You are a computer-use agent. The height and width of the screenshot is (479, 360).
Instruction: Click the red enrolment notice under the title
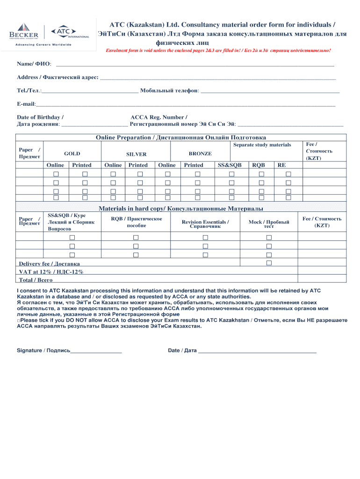tap(218, 50)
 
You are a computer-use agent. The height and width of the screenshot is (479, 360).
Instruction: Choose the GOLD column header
tap(72, 153)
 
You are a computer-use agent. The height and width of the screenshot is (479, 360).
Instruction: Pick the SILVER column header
tap(137, 154)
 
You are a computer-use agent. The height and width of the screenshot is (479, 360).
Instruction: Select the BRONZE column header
tap(200, 153)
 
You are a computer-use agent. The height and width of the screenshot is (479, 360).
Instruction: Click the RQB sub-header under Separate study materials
tap(259, 165)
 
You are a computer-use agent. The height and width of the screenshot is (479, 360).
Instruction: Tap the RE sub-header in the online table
tap(281, 165)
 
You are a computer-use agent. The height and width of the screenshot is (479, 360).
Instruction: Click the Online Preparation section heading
tap(181, 138)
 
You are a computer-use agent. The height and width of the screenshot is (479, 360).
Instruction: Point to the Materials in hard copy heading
tap(180, 208)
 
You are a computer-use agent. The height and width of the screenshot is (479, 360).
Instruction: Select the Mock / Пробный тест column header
tap(268, 224)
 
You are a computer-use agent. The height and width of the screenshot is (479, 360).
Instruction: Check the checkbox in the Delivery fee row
tap(269, 263)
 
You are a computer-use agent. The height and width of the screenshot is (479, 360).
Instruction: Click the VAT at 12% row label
tap(51, 272)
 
